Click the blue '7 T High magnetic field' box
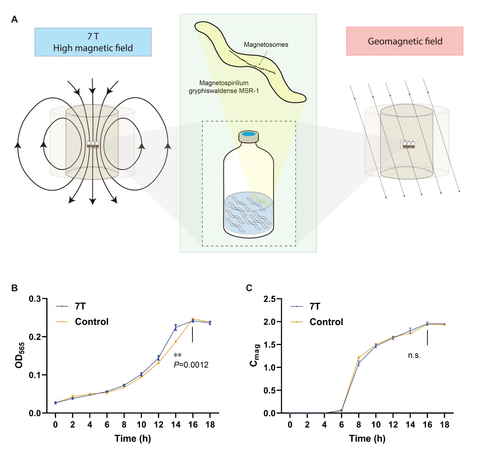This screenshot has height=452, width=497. tap(93, 42)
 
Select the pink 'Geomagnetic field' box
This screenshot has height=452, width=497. tap(404, 41)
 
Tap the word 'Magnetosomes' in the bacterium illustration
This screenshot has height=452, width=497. tap(266, 45)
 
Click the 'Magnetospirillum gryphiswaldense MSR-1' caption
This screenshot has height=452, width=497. tap(224, 87)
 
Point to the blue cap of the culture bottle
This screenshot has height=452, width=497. tap(248, 134)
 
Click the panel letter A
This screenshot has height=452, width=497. tap(15, 19)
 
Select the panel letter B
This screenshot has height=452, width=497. tap(15, 288)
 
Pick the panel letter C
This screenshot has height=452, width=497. tap(249, 288)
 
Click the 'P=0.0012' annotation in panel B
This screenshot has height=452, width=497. tap(191, 365)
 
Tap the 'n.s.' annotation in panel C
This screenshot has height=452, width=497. tap(414, 355)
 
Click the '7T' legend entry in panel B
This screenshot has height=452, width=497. tap(80, 306)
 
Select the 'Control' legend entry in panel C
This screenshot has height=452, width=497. tap(326, 322)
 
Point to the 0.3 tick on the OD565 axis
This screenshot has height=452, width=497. tap(35, 299)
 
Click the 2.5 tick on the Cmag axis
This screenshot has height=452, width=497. tap(269, 299)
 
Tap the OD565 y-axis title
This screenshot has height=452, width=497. tap(20, 355)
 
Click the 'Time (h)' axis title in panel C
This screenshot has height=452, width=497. tap(367, 438)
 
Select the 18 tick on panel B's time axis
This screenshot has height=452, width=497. tap(210, 425)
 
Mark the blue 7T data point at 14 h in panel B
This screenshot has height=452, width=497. tap(176, 327)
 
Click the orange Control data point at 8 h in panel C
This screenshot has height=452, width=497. tap(359, 358)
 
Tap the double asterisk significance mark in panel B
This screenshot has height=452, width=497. tap(178, 355)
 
